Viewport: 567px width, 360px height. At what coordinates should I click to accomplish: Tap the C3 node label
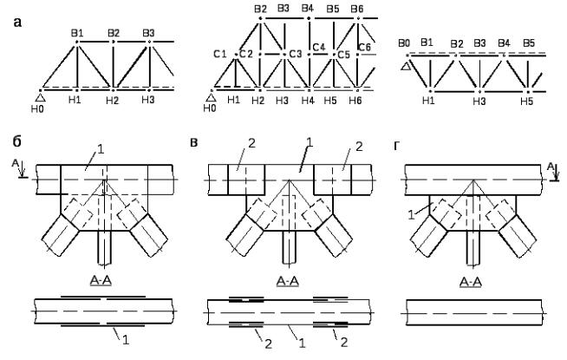click(296, 54)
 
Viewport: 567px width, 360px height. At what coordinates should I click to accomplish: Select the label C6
click(364, 46)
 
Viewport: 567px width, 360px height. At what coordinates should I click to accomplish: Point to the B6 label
click(357, 9)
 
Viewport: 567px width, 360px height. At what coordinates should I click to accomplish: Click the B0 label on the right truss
click(403, 43)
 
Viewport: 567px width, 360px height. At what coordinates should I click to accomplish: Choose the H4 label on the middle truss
click(307, 101)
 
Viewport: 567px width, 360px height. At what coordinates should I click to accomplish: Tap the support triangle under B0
click(404, 65)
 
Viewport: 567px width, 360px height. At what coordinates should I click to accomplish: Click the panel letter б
click(17, 140)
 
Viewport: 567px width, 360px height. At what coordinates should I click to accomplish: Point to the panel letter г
click(397, 140)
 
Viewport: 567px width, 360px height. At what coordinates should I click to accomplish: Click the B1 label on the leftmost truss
click(76, 33)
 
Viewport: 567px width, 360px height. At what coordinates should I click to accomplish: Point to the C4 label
click(319, 46)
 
